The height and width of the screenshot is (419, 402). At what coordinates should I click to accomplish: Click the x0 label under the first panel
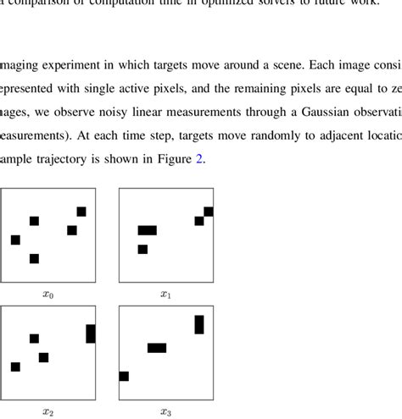pos(47,295)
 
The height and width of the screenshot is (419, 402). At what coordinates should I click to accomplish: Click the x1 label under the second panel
pos(165,295)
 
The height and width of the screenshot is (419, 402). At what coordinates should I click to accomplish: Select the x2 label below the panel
pos(47,412)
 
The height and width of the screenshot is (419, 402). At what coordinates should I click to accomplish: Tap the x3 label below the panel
pos(165,412)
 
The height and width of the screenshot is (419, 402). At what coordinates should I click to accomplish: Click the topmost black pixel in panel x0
pos(81,212)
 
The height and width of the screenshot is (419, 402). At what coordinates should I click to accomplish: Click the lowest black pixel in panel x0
pos(34,258)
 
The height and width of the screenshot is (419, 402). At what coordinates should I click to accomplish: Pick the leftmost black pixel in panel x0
pos(15,240)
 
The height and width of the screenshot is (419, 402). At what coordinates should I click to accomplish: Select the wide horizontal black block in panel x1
pos(148,230)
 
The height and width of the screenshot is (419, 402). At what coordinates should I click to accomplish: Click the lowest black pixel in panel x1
pos(142,249)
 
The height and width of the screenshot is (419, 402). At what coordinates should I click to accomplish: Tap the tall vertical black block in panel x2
pos(91,334)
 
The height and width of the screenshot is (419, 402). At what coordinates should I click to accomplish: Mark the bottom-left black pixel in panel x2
pos(15,367)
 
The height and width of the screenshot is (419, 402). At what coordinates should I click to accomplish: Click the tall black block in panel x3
pos(199,324)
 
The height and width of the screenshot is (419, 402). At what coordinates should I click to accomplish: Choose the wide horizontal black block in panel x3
pos(157,347)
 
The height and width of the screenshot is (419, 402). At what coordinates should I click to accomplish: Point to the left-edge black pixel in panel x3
pos(124,376)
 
